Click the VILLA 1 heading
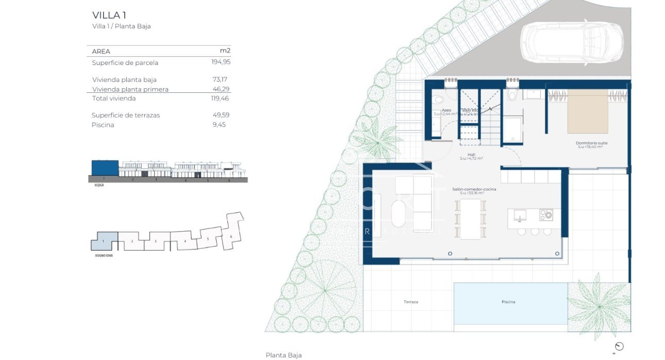click(109, 15)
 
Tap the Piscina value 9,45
click(219, 125)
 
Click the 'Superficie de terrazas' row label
click(126, 115)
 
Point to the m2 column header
click(225, 51)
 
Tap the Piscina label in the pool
click(508, 302)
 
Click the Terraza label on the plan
click(411, 302)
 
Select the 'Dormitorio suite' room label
click(591, 143)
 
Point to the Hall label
click(471, 154)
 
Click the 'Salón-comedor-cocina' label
click(474, 189)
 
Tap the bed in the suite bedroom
click(588, 111)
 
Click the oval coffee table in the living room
click(398, 214)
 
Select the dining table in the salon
click(470, 219)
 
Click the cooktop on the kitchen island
click(545, 215)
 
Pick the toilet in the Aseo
click(439, 100)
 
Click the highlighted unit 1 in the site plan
click(105, 240)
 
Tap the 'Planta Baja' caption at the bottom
click(284, 355)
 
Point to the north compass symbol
click(619, 347)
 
